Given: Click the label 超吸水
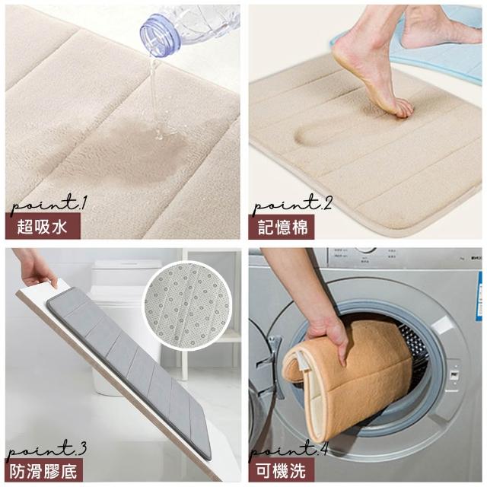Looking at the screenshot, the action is click(x=42, y=227).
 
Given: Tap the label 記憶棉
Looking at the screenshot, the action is click(x=283, y=227).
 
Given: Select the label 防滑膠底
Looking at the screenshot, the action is click(x=43, y=471).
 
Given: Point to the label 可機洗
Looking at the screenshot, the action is click(x=281, y=471).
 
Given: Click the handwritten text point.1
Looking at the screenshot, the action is click(x=49, y=204).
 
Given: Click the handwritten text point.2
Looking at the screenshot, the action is click(x=292, y=204).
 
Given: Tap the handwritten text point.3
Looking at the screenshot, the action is click(x=46, y=449).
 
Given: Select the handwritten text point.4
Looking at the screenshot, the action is click(x=289, y=449).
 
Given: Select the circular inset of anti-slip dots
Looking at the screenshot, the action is click(x=189, y=306).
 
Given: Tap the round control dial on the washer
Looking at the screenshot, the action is click(x=365, y=250).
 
